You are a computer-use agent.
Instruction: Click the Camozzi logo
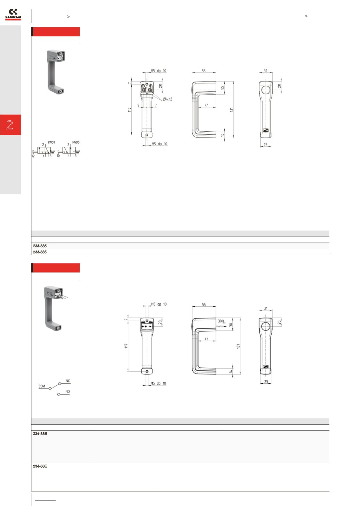13,15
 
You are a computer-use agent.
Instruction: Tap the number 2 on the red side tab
10,125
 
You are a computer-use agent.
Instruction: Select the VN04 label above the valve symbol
51,143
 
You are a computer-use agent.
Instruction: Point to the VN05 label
76,142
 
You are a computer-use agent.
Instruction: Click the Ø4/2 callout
168,99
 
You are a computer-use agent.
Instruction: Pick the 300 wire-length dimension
221,321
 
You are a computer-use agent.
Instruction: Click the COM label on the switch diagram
42,386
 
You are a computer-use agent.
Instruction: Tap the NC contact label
68,381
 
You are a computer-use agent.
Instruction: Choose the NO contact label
68,392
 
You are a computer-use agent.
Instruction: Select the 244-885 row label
40,252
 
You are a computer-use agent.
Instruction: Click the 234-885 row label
40,246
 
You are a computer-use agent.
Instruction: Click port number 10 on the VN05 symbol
58,156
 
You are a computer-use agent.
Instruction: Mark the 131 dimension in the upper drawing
232,110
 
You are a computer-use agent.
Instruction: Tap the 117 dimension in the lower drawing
126,346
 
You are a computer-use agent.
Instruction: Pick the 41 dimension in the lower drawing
207,339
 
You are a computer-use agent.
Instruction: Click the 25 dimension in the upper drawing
266,145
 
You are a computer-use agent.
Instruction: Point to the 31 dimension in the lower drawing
266,308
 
